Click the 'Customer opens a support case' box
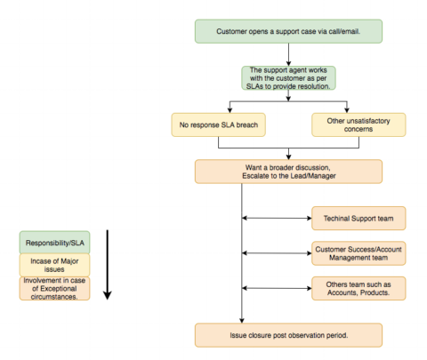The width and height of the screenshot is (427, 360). tap(288, 32)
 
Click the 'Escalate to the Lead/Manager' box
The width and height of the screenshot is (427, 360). tap(288, 171)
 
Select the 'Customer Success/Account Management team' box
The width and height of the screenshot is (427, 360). tap(348, 253)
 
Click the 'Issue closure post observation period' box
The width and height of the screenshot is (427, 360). tap(288, 334)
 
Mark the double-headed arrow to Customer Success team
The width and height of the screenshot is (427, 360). tap(277, 253)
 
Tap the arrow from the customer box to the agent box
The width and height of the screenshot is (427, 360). tap(288, 54)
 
